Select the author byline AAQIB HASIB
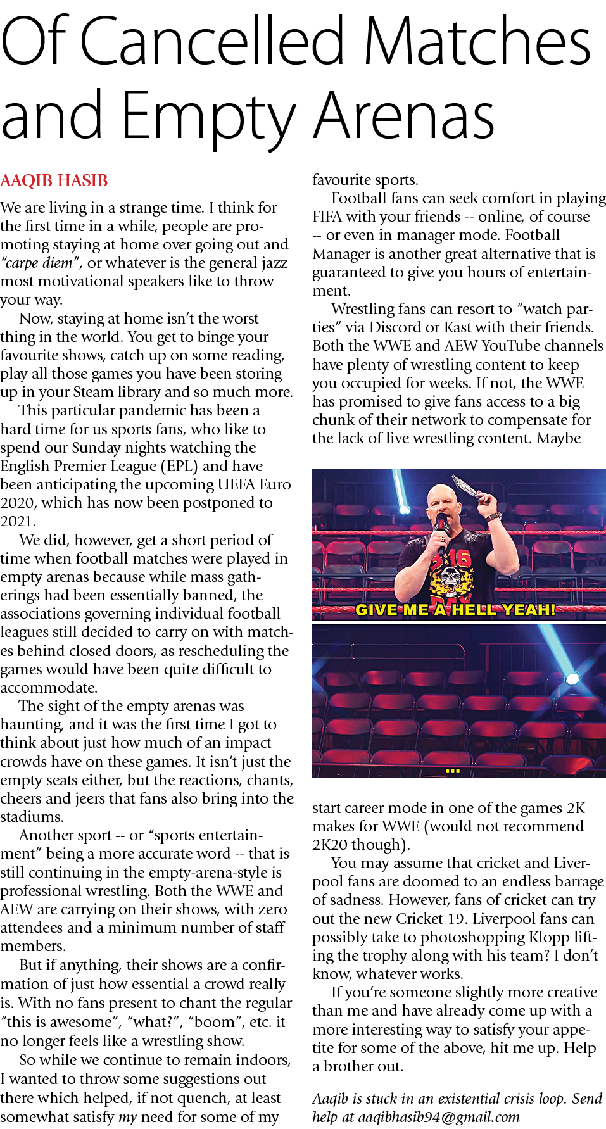click(54, 180)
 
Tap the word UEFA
click(238, 484)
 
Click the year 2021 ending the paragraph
click(16, 521)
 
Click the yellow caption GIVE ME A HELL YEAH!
click(455, 610)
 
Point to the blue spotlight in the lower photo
click(572, 679)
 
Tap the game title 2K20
click(334, 845)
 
